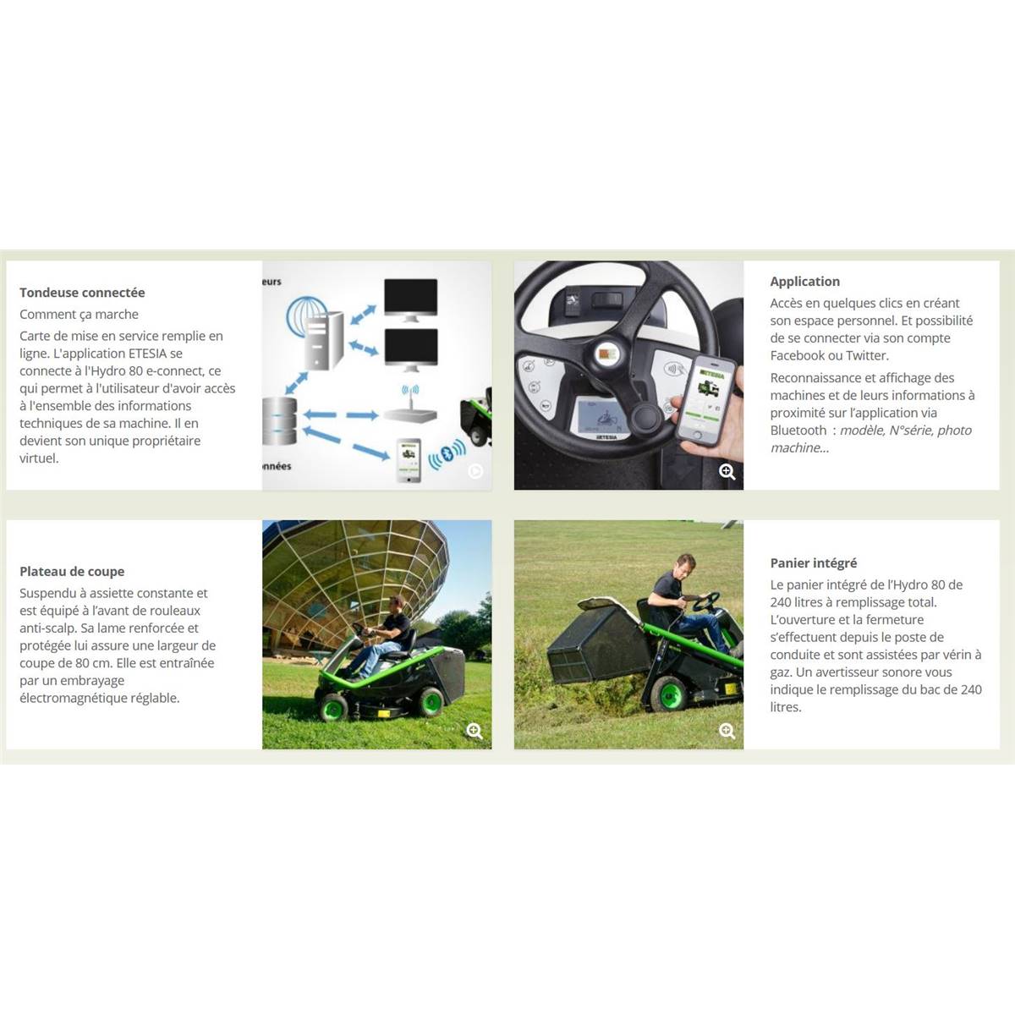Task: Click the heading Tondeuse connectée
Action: point(82,293)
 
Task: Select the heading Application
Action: point(805,282)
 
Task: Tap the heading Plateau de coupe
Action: point(72,572)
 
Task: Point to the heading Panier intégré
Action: point(813,563)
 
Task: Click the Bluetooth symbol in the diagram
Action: point(447,453)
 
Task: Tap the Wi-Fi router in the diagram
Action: point(409,405)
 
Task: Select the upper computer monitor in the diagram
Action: point(410,300)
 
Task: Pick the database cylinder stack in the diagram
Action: point(279,421)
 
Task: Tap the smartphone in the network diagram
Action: point(409,460)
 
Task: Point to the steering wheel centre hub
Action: point(608,354)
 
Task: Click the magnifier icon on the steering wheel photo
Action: point(727,472)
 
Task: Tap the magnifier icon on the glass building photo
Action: point(475,731)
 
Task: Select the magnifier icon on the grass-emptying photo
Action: point(727,731)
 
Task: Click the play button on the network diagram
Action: point(475,471)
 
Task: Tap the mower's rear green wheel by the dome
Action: point(431,702)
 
